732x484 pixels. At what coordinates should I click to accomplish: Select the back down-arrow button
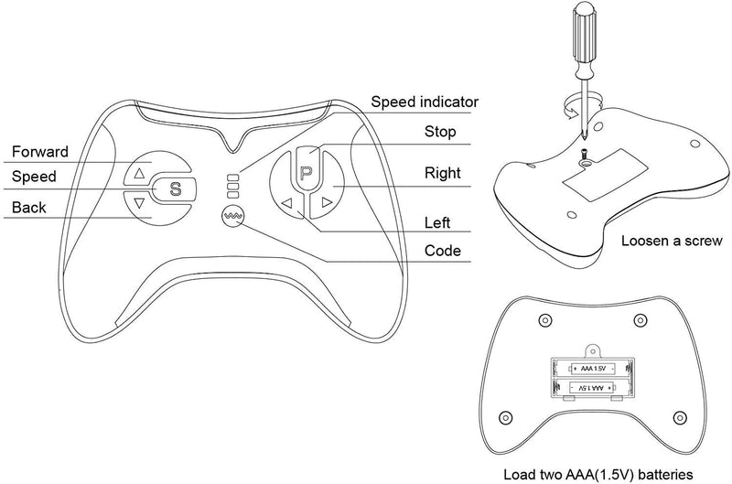click(139, 203)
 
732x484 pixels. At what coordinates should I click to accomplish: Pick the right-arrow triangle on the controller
click(326, 203)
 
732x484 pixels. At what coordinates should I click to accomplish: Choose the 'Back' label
click(28, 208)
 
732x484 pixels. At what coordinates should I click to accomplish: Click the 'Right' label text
click(442, 173)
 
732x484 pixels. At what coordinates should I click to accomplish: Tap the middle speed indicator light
click(232, 184)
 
